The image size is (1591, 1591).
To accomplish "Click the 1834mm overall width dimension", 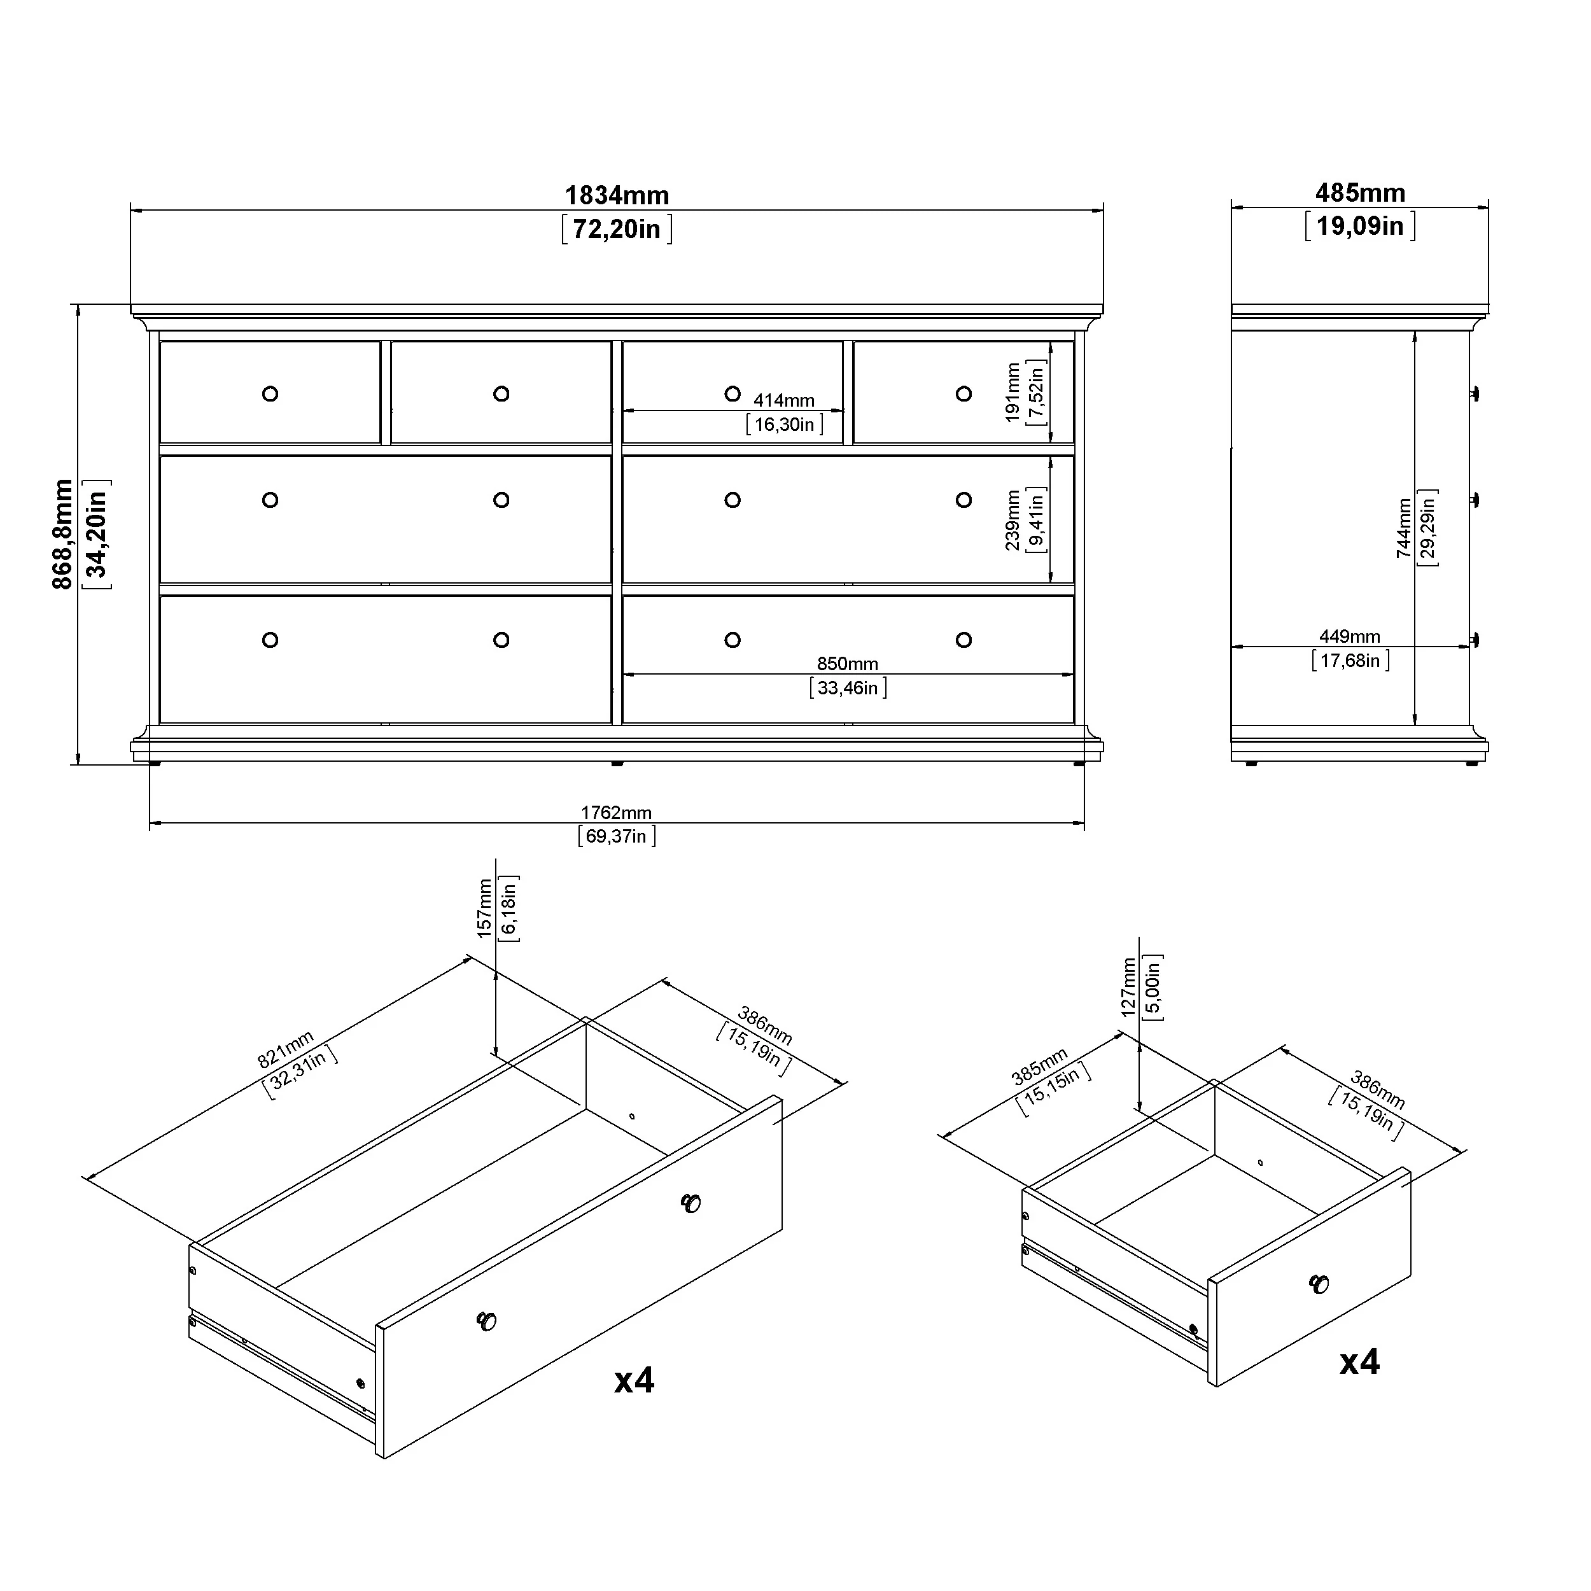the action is pos(617,195).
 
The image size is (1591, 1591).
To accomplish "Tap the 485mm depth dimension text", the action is pos(1361,193).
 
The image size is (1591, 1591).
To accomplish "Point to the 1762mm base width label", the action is pos(617,813).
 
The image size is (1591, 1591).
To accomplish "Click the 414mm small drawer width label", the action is pos(784,400).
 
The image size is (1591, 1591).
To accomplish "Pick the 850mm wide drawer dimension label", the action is pos(848,664).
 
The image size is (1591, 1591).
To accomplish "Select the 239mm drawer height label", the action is pos(1013,521).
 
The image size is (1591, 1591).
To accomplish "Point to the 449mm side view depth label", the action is pos(1350,636).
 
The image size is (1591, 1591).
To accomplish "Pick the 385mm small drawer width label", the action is pos(1039,1067).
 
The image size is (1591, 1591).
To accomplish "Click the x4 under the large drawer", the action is pos(634,1380).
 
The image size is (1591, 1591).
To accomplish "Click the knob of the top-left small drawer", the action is pos(270,394).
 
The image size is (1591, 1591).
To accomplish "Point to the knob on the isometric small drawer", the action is pos(1319,1284).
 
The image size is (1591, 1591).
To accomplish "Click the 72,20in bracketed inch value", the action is pos(617,229).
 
